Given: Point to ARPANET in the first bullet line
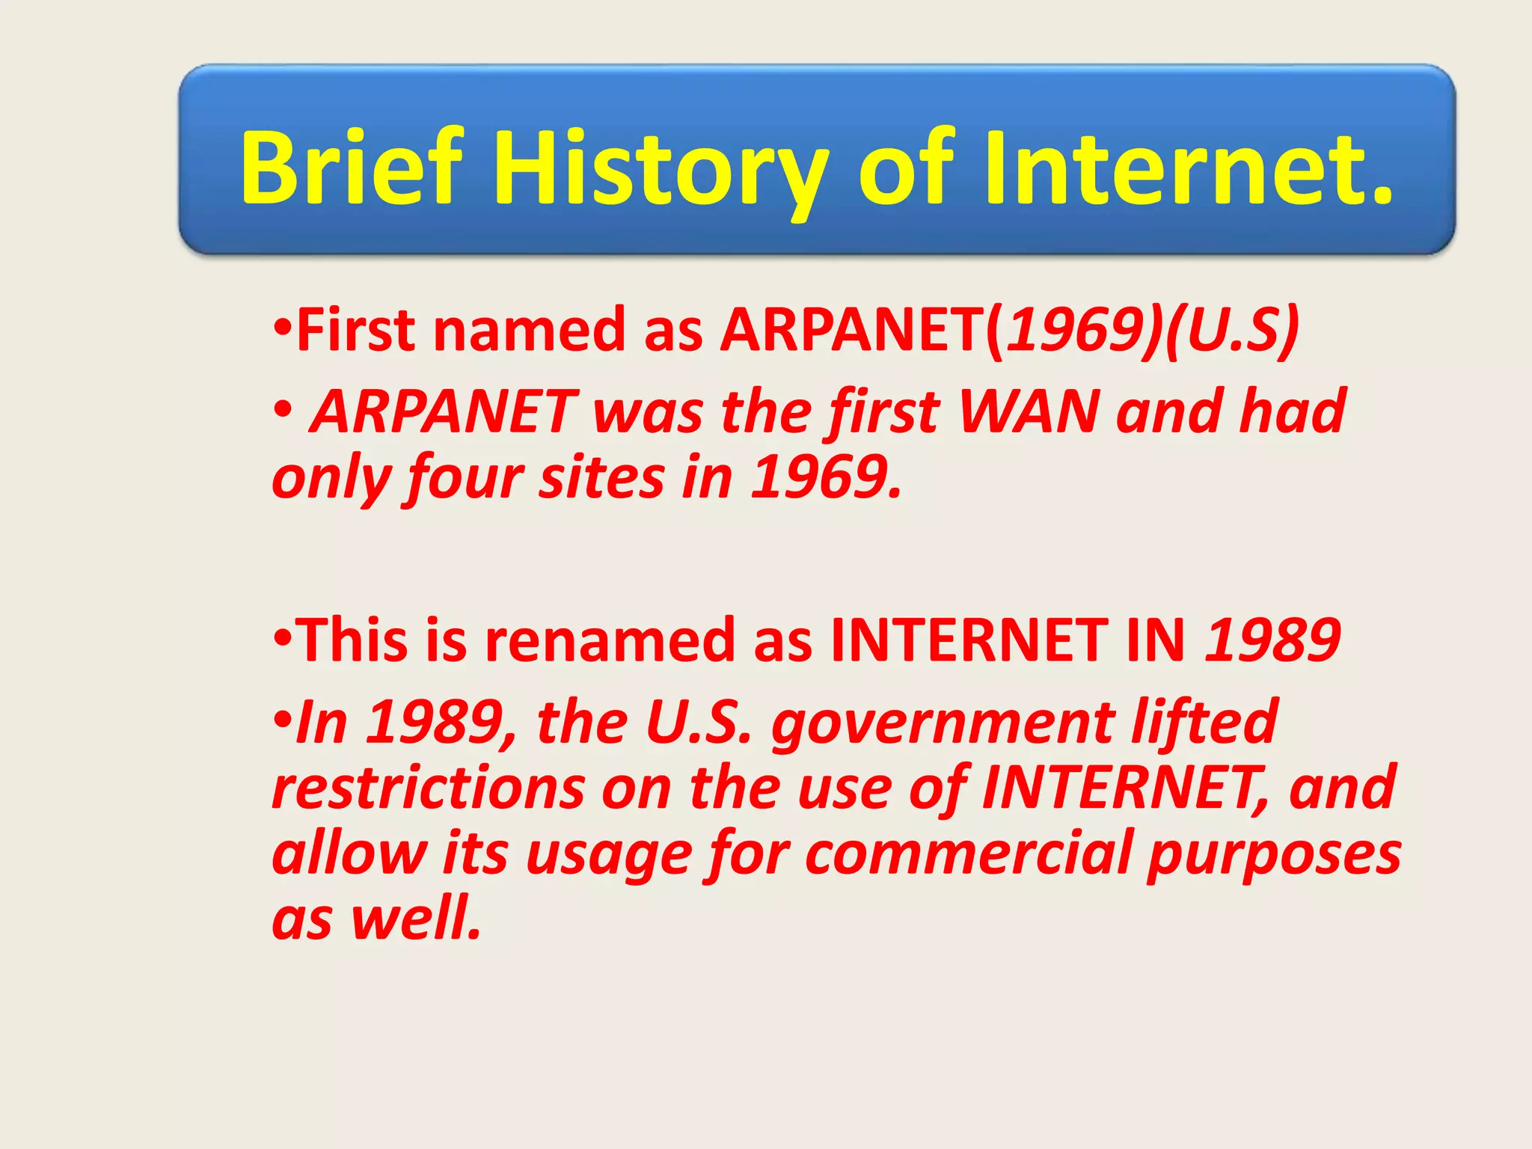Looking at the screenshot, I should click(853, 330).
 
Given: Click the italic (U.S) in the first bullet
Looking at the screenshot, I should click(1231, 330).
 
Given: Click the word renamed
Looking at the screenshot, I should click(610, 640).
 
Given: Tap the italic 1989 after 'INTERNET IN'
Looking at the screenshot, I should click(1272, 640).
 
